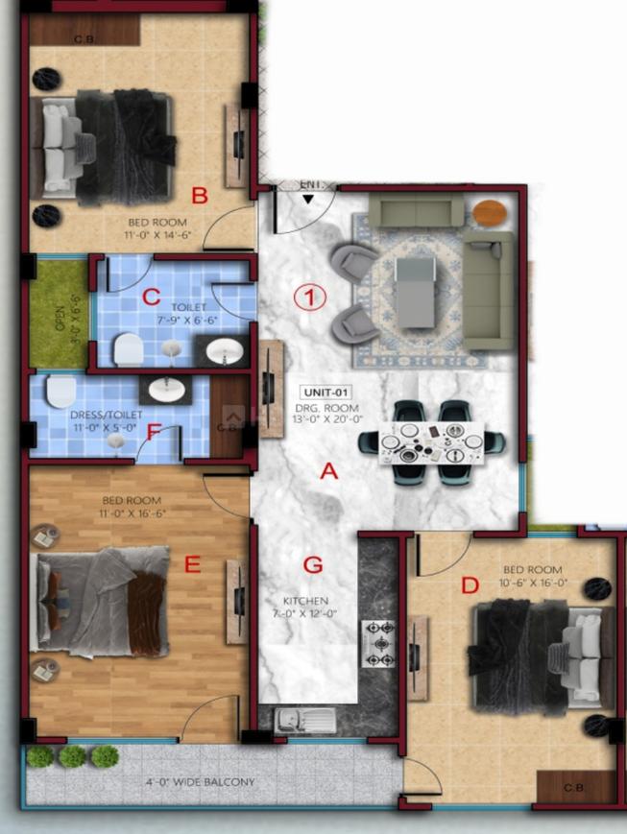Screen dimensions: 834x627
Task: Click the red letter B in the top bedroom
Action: (200, 197)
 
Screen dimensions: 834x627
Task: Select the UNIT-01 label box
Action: (326, 393)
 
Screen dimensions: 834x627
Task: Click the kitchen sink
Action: (305, 720)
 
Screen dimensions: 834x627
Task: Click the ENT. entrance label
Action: (311, 184)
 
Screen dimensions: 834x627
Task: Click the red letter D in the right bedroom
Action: (470, 584)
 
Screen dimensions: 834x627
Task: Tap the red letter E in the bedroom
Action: (192, 565)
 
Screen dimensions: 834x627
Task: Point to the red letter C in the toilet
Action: (151, 297)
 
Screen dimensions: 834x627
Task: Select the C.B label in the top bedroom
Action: (84, 39)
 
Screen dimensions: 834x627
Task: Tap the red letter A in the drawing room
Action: (328, 471)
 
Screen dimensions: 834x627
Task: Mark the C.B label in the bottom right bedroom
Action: (572, 789)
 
